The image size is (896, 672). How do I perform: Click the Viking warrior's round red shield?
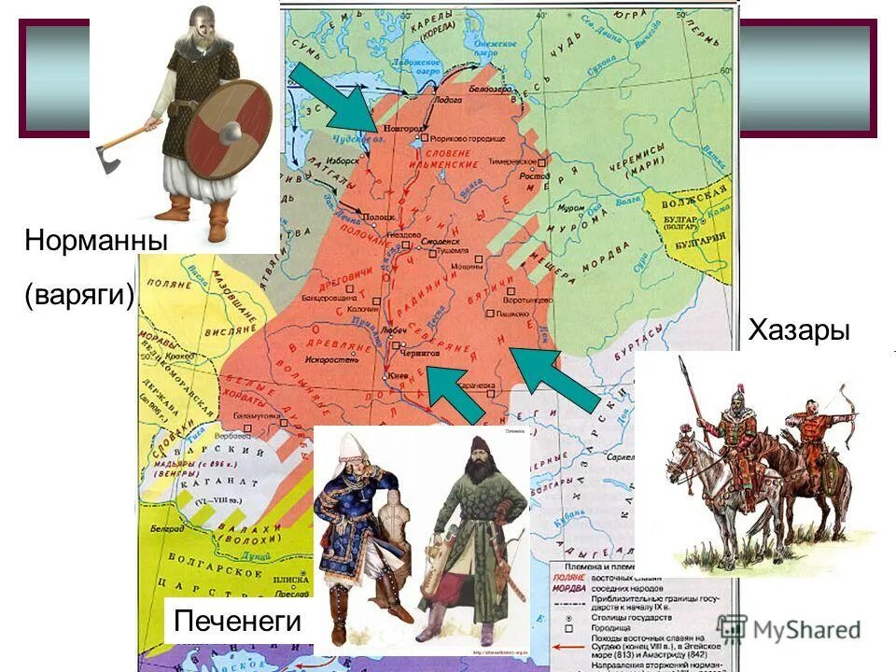[227, 129]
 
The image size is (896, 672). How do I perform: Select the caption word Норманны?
[96, 240]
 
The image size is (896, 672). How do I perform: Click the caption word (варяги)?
[80, 295]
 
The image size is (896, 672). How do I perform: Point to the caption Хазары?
[799, 330]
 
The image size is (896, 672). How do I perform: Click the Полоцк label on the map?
[378, 217]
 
